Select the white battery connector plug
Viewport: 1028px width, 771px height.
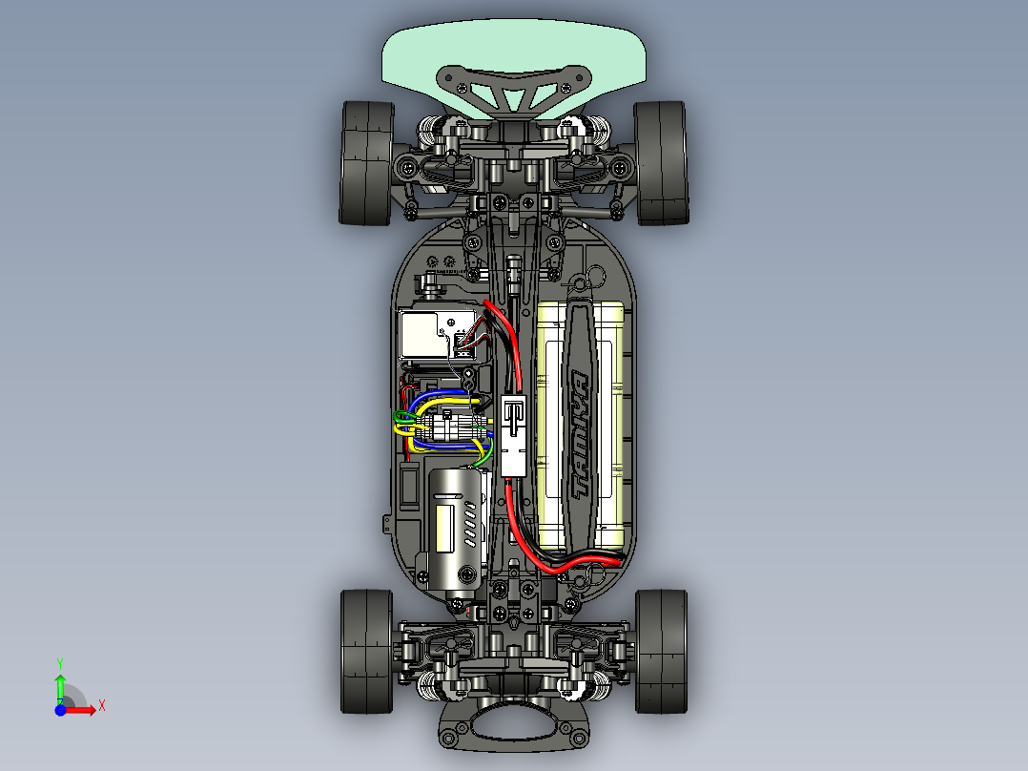tap(513, 435)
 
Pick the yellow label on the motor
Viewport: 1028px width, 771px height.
tap(445, 528)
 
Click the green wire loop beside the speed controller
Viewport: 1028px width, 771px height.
tap(401, 416)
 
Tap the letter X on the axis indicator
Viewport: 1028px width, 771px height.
tap(101, 705)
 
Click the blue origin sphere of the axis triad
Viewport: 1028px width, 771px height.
tap(60, 710)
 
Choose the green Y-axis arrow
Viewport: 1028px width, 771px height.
tap(60, 687)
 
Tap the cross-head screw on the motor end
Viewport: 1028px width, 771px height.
tap(466, 573)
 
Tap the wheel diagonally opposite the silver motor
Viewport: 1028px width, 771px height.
tap(661, 162)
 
